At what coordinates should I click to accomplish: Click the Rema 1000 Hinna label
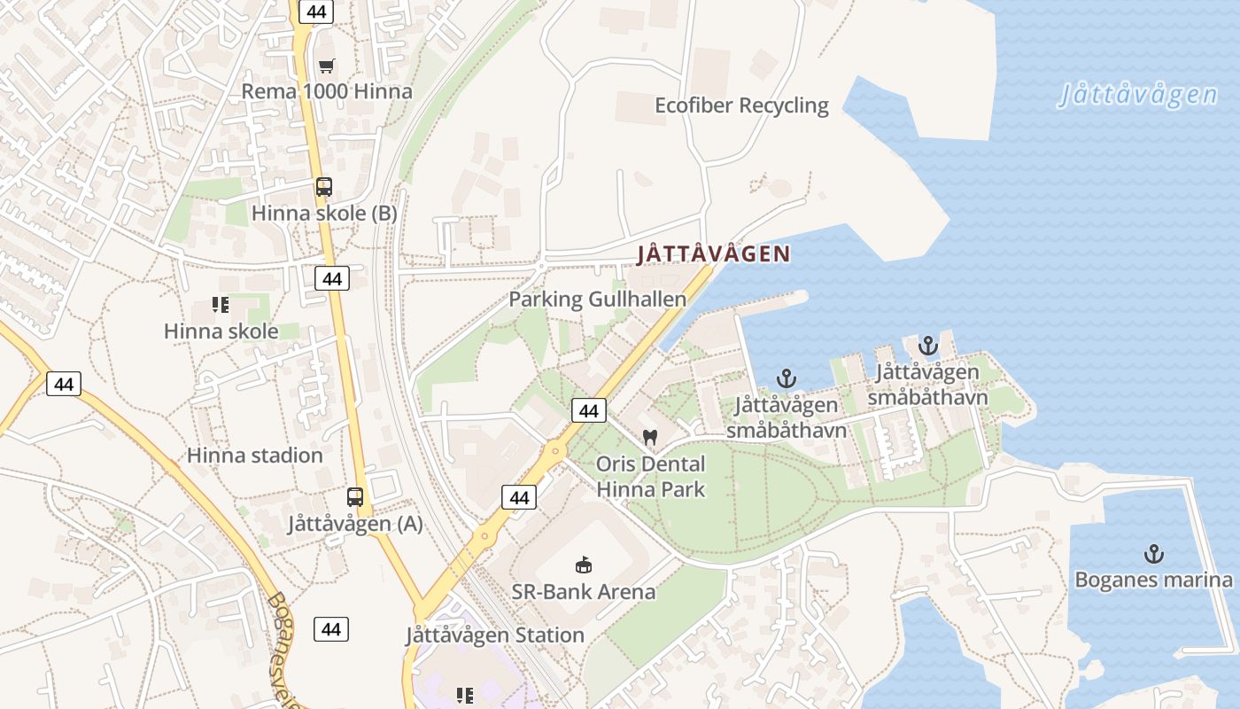point(327,91)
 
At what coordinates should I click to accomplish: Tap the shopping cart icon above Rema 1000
point(327,66)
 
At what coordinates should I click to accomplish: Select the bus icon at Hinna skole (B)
point(324,187)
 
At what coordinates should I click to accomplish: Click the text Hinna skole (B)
point(324,214)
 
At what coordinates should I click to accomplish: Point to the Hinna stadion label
point(254,456)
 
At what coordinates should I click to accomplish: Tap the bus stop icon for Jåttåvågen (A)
point(355,497)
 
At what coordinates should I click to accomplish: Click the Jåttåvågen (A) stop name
point(355,524)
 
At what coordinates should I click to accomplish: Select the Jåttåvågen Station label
point(495,635)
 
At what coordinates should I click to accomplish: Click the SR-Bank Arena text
point(584,591)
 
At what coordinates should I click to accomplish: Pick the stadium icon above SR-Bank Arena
point(584,565)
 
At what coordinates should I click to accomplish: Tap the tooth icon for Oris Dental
point(650,437)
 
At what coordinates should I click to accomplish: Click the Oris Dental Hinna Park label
point(650,476)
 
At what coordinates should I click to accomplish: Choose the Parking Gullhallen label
point(597,300)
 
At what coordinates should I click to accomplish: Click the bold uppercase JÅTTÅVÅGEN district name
point(713,254)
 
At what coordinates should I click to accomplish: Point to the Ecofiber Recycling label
point(741,105)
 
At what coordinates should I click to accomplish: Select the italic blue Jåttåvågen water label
point(1137,94)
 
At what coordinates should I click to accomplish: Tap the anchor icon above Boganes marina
point(1153,555)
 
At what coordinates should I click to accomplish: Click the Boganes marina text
point(1153,580)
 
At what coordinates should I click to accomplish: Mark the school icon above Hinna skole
point(221,306)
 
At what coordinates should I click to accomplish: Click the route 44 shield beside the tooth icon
point(589,409)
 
